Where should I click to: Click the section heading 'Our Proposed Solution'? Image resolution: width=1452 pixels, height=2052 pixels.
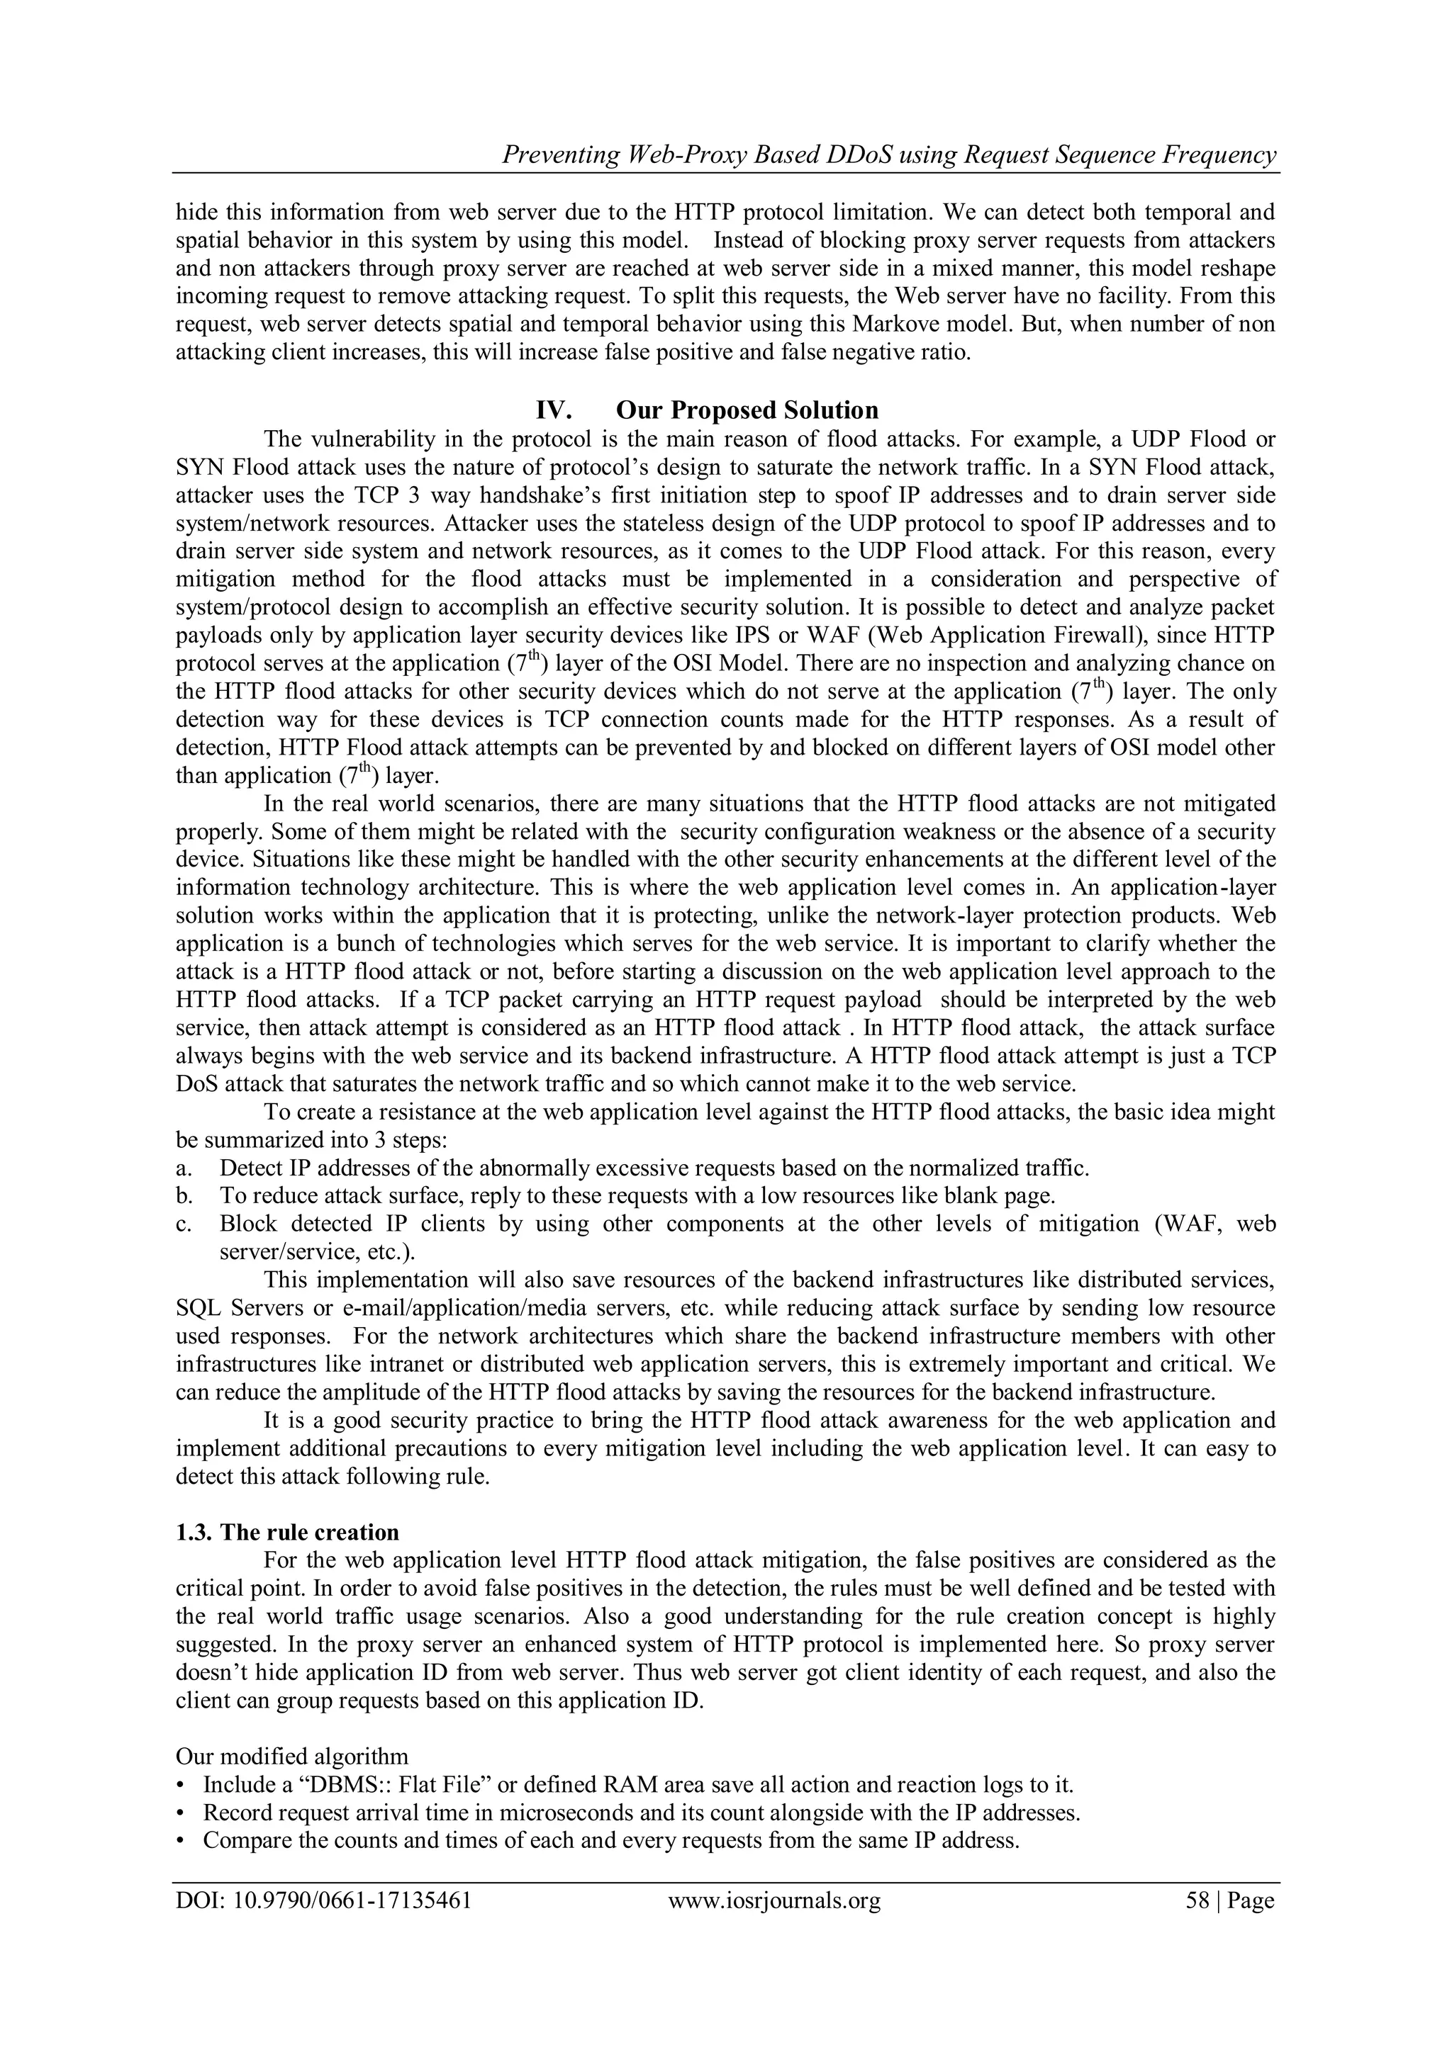tap(747, 410)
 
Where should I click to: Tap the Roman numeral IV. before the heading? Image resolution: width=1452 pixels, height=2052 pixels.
tap(554, 410)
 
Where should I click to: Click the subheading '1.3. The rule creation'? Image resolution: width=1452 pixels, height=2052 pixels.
tap(287, 1532)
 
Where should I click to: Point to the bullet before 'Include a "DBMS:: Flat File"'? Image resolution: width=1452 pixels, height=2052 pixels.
tap(181, 1785)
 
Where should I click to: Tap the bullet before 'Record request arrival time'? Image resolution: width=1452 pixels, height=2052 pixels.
tap(181, 1813)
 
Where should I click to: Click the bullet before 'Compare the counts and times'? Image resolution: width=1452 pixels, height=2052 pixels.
tap(181, 1840)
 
